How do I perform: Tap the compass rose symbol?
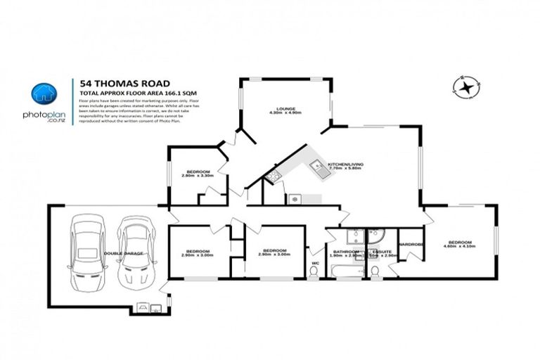(464, 87)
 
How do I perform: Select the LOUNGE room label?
(285, 109)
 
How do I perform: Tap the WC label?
(316, 263)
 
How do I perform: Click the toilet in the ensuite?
(375, 269)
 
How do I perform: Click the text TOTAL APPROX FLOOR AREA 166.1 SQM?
(127, 93)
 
